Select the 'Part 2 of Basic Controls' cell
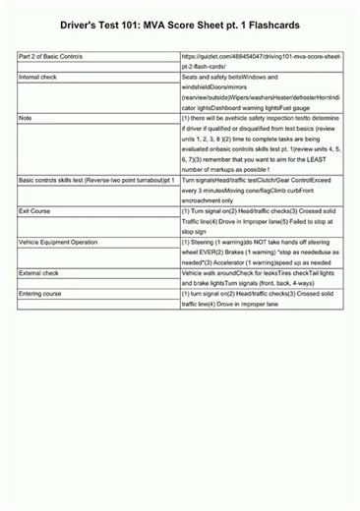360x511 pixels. click(x=51, y=58)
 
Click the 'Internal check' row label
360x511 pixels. click(x=38, y=76)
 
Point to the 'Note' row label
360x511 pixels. click(x=26, y=117)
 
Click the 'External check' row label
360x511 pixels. click(x=39, y=272)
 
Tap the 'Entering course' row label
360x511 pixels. click(x=40, y=294)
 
